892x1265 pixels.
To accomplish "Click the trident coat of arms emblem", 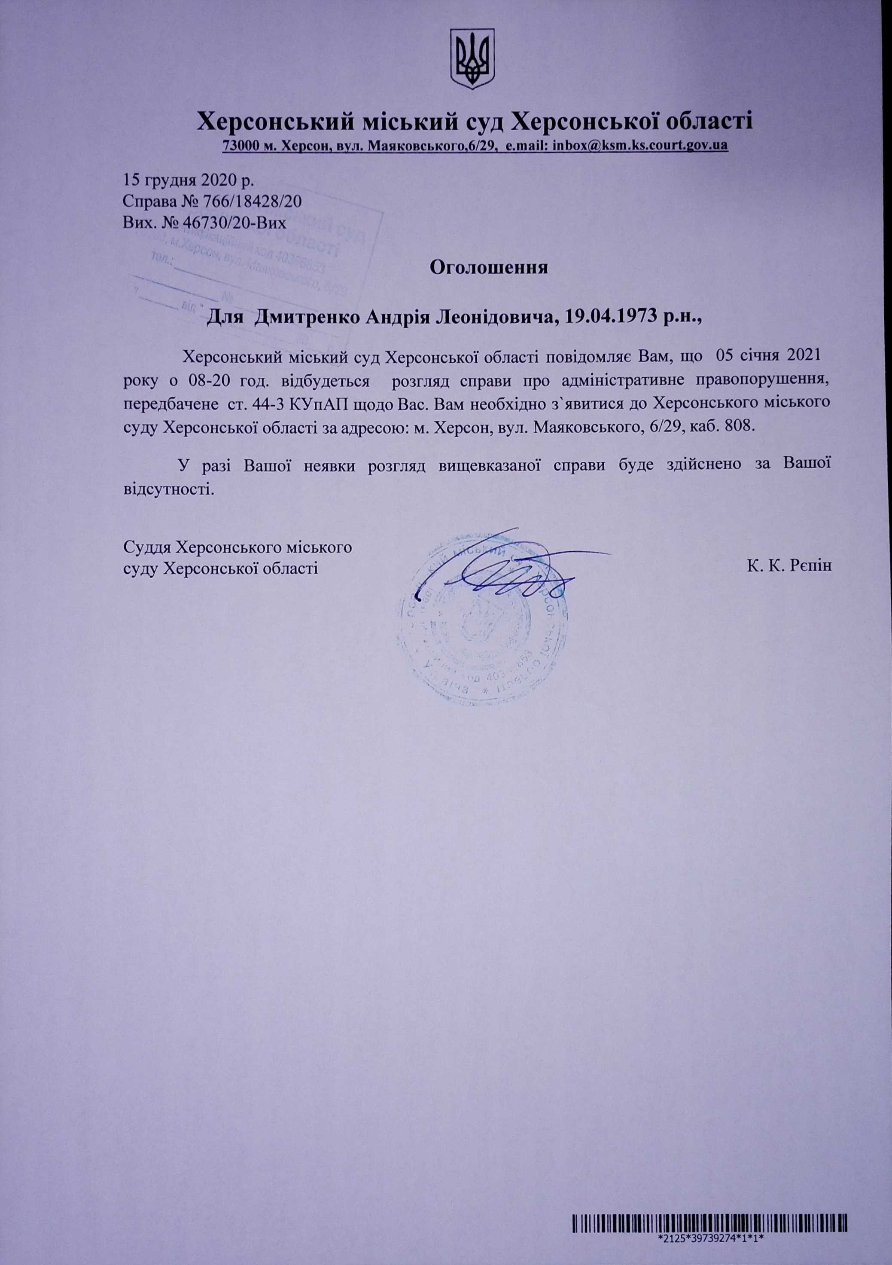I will tap(472, 59).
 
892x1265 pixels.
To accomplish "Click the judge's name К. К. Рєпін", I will tap(788, 566).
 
